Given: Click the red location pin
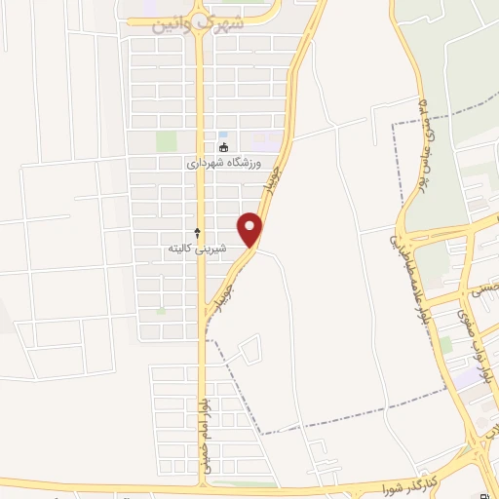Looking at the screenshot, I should click(252, 229).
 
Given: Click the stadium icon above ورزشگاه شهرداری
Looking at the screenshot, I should click(224, 148).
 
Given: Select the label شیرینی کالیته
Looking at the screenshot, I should click(194, 249).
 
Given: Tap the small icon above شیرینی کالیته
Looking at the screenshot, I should click(198, 233).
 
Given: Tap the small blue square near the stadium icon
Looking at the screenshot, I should click(223, 134).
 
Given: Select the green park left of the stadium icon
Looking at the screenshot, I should click(167, 141).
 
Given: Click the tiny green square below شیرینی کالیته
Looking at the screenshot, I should click(160, 311).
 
